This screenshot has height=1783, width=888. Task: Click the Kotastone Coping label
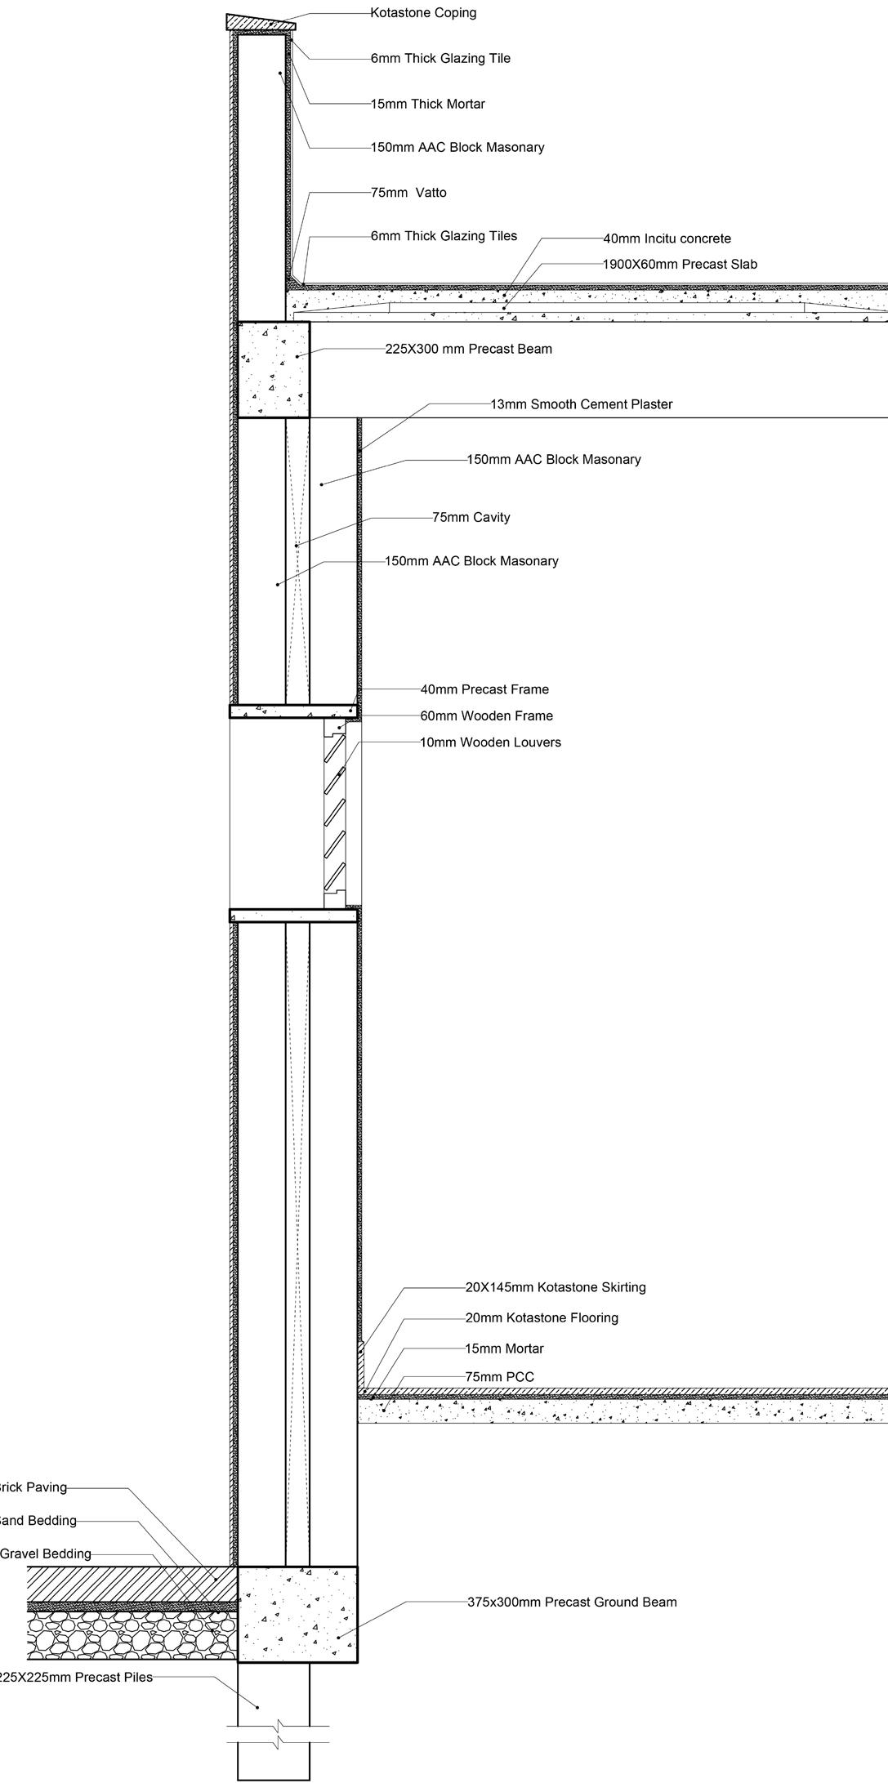pyautogui.click(x=423, y=13)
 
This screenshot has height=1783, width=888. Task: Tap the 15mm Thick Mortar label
pyautogui.click(x=427, y=104)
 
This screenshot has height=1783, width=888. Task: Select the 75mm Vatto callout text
pyautogui.click(x=408, y=193)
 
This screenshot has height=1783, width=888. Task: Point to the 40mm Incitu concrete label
pyautogui.click(x=667, y=238)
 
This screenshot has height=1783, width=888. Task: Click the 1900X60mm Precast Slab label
pyautogui.click(x=680, y=264)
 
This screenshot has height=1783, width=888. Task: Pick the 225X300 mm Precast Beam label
pyautogui.click(x=468, y=349)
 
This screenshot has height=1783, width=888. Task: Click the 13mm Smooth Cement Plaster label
pyautogui.click(x=581, y=404)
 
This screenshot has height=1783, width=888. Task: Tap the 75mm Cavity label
pyautogui.click(x=471, y=517)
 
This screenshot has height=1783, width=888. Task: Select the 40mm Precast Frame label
pyautogui.click(x=484, y=689)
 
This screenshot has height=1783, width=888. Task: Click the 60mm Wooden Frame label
pyautogui.click(x=486, y=715)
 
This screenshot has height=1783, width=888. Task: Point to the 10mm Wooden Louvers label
pyautogui.click(x=490, y=742)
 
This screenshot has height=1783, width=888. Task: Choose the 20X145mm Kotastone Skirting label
pyautogui.click(x=556, y=1287)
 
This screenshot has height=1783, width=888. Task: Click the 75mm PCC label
pyautogui.click(x=499, y=1377)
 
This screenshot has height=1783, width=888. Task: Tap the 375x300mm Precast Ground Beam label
pyautogui.click(x=572, y=1602)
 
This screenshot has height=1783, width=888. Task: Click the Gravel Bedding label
pyautogui.click(x=46, y=1553)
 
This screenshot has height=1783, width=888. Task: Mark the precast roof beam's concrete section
pyautogui.click(x=273, y=369)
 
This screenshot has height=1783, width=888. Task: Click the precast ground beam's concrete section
pyautogui.click(x=297, y=1613)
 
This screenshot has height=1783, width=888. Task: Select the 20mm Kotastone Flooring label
pyautogui.click(x=542, y=1317)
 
